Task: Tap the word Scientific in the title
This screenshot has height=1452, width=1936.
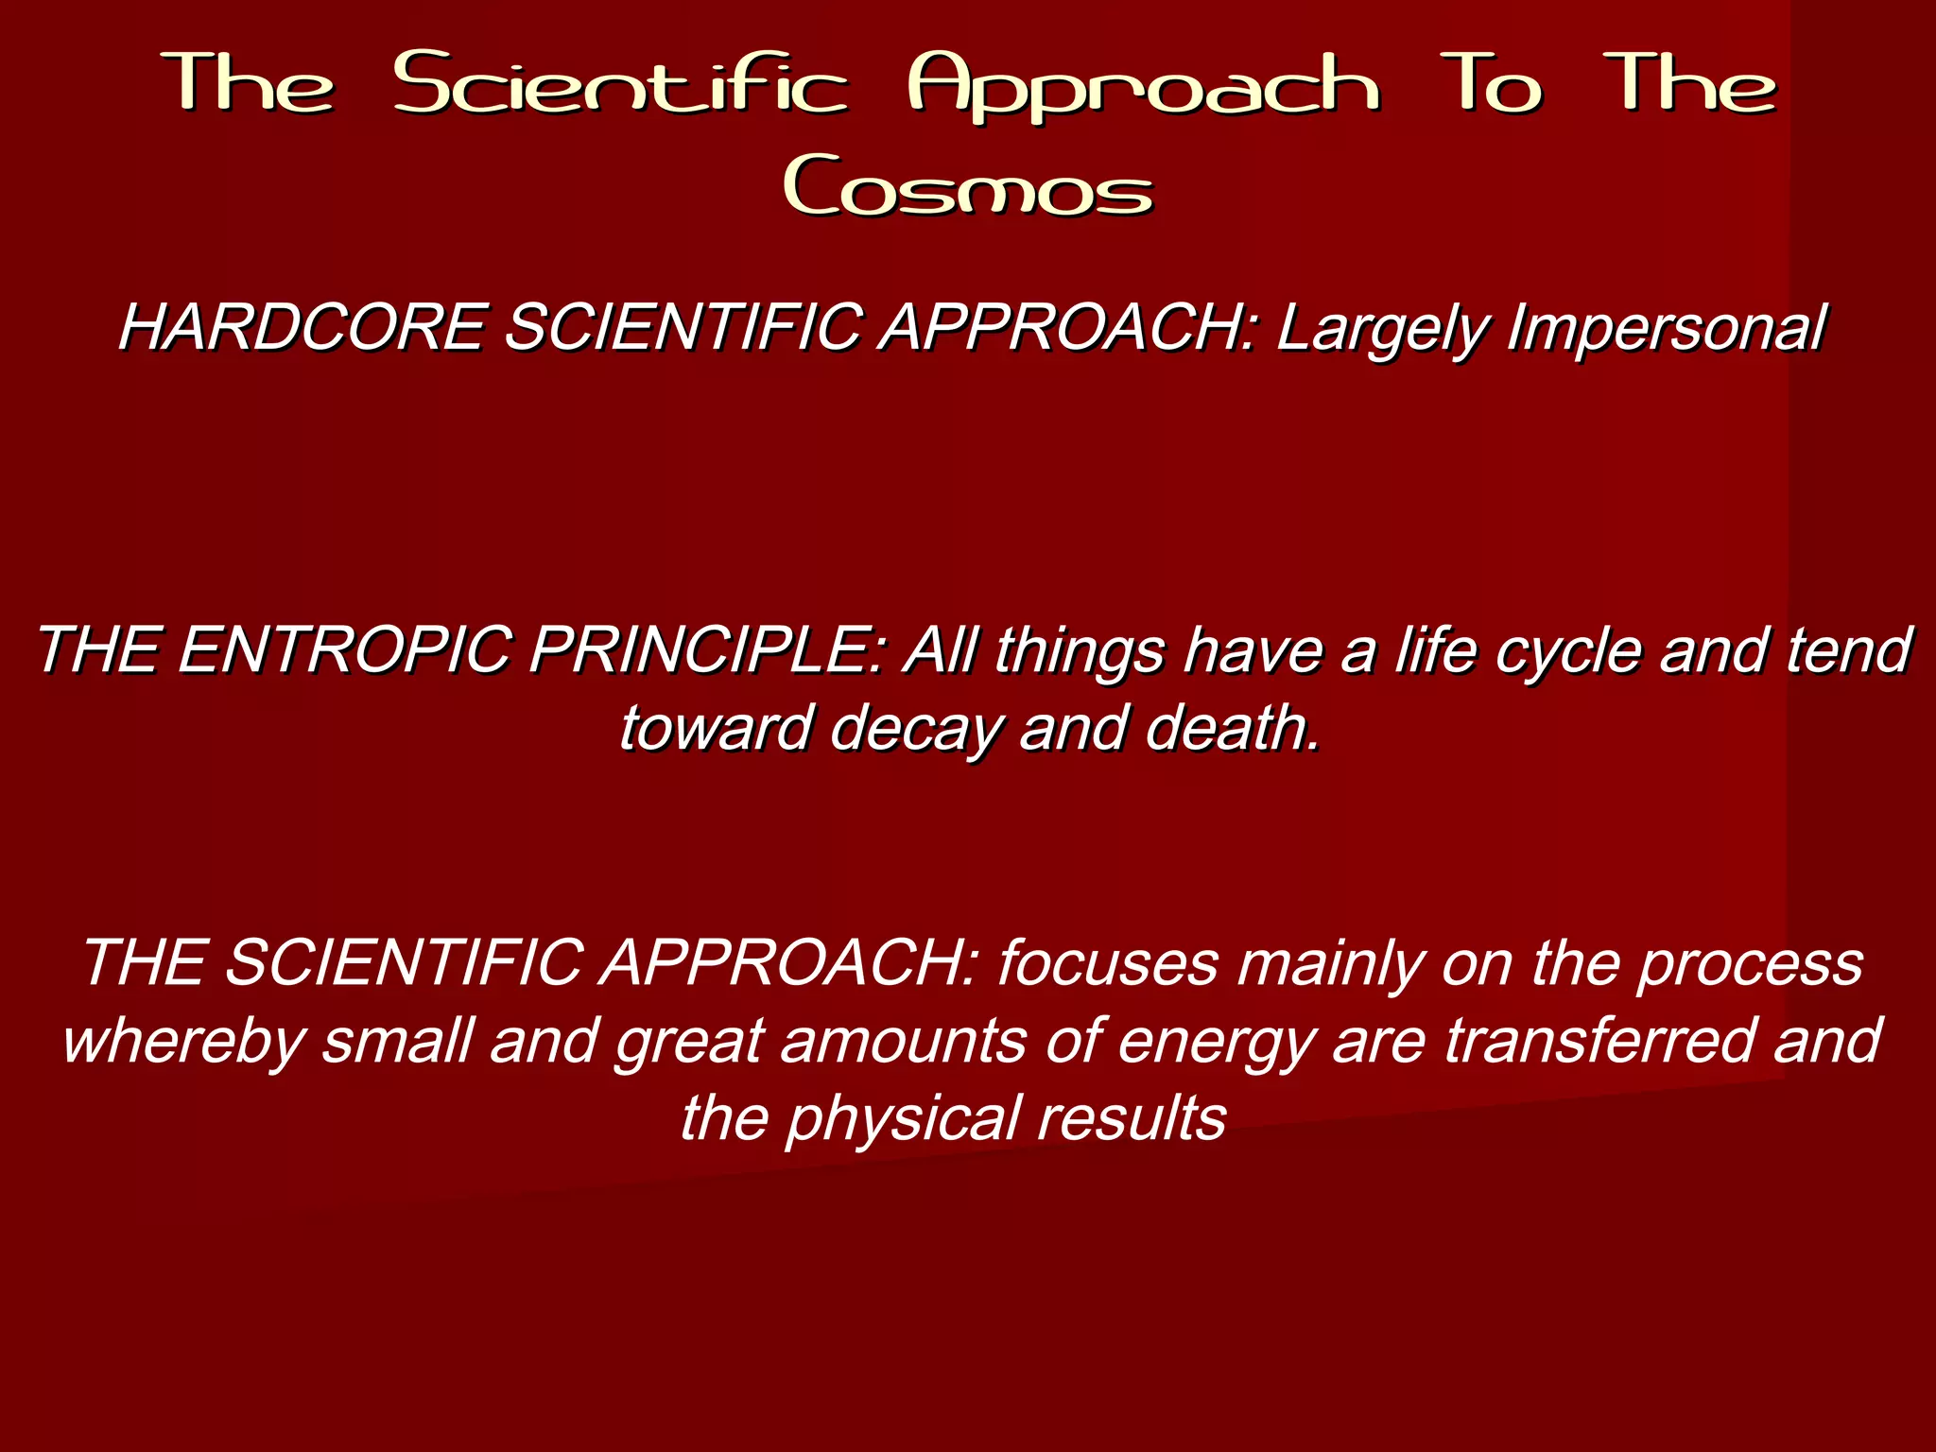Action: coord(620,85)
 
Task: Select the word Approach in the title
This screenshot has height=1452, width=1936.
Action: coord(1144,87)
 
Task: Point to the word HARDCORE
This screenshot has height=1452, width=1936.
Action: coord(301,328)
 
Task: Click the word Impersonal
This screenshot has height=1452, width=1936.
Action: coord(1666,330)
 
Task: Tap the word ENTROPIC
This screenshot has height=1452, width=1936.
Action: coord(342,651)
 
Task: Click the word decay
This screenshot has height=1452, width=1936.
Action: coord(913,729)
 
